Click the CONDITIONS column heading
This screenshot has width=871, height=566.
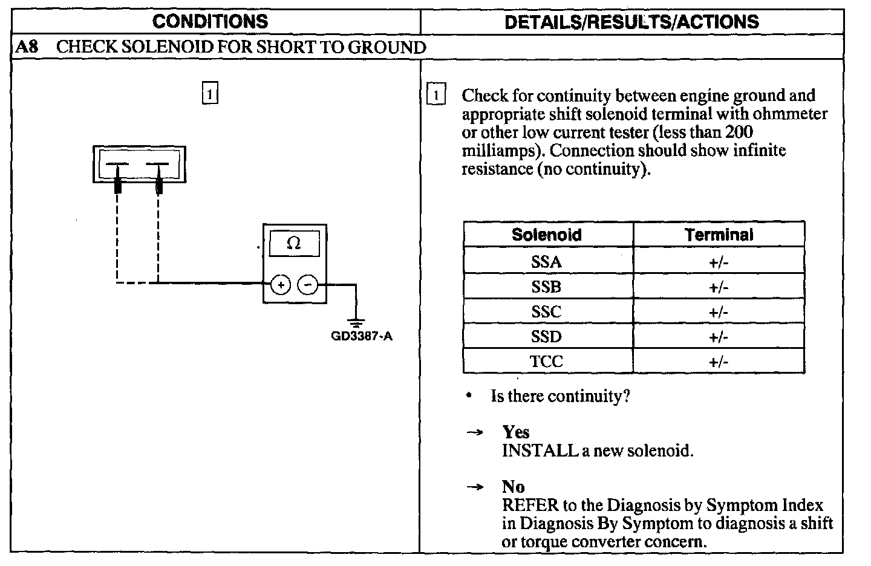[x=210, y=22]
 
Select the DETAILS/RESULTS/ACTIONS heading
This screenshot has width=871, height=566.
[x=631, y=22]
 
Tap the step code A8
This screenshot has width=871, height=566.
[x=27, y=47]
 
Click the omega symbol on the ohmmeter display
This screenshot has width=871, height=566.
[x=294, y=243]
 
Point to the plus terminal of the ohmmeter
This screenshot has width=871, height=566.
[x=280, y=284]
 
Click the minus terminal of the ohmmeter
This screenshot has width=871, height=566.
[x=308, y=284]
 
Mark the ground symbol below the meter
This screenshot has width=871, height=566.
[x=356, y=322]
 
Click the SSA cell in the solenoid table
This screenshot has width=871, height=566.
[x=547, y=262]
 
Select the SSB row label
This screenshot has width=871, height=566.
[x=547, y=287]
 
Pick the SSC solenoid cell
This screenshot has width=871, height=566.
[x=547, y=312]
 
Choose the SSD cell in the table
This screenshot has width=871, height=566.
[x=547, y=337]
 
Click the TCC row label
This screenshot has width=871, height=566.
[x=547, y=362]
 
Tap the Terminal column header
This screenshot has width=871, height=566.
[x=719, y=235]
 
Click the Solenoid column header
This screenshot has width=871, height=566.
[x=547, y=235]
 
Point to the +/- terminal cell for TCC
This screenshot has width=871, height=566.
[x=719, y=362]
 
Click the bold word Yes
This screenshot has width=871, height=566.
[x=515, y=432]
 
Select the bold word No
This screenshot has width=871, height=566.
[x=513, y=487]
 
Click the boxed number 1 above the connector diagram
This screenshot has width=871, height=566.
[x=209, y=94]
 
